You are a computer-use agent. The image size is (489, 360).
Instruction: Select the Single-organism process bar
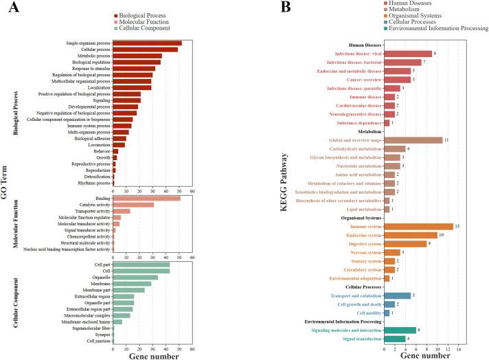coord(147,43)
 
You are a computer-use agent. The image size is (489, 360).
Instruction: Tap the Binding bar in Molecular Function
coord(146,199)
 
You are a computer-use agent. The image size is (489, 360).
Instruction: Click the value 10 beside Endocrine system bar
coord(442,235)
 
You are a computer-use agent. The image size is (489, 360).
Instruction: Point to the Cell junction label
coord(96,341)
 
